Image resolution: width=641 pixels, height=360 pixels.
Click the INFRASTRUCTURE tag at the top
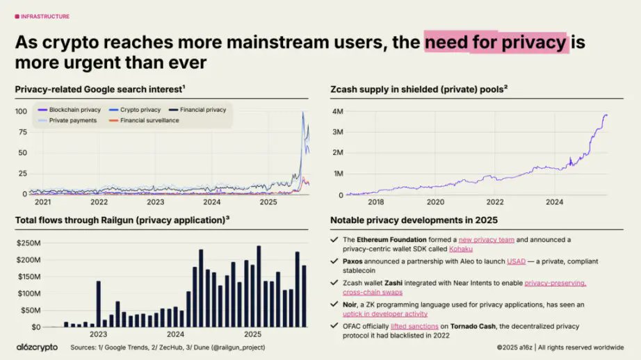click(44, 17)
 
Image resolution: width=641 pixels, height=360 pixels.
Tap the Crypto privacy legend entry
click(140, 110)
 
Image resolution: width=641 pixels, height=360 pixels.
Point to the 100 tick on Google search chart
click(21, 111)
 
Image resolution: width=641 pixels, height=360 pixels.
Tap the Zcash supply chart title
click(419, 88)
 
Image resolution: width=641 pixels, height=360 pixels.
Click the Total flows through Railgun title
click(122, 221)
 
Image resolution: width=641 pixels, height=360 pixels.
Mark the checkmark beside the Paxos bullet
click(335, 261)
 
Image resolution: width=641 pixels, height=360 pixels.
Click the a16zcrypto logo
click(38, 347)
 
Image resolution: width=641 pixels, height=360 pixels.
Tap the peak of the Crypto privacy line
click(302, 113)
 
